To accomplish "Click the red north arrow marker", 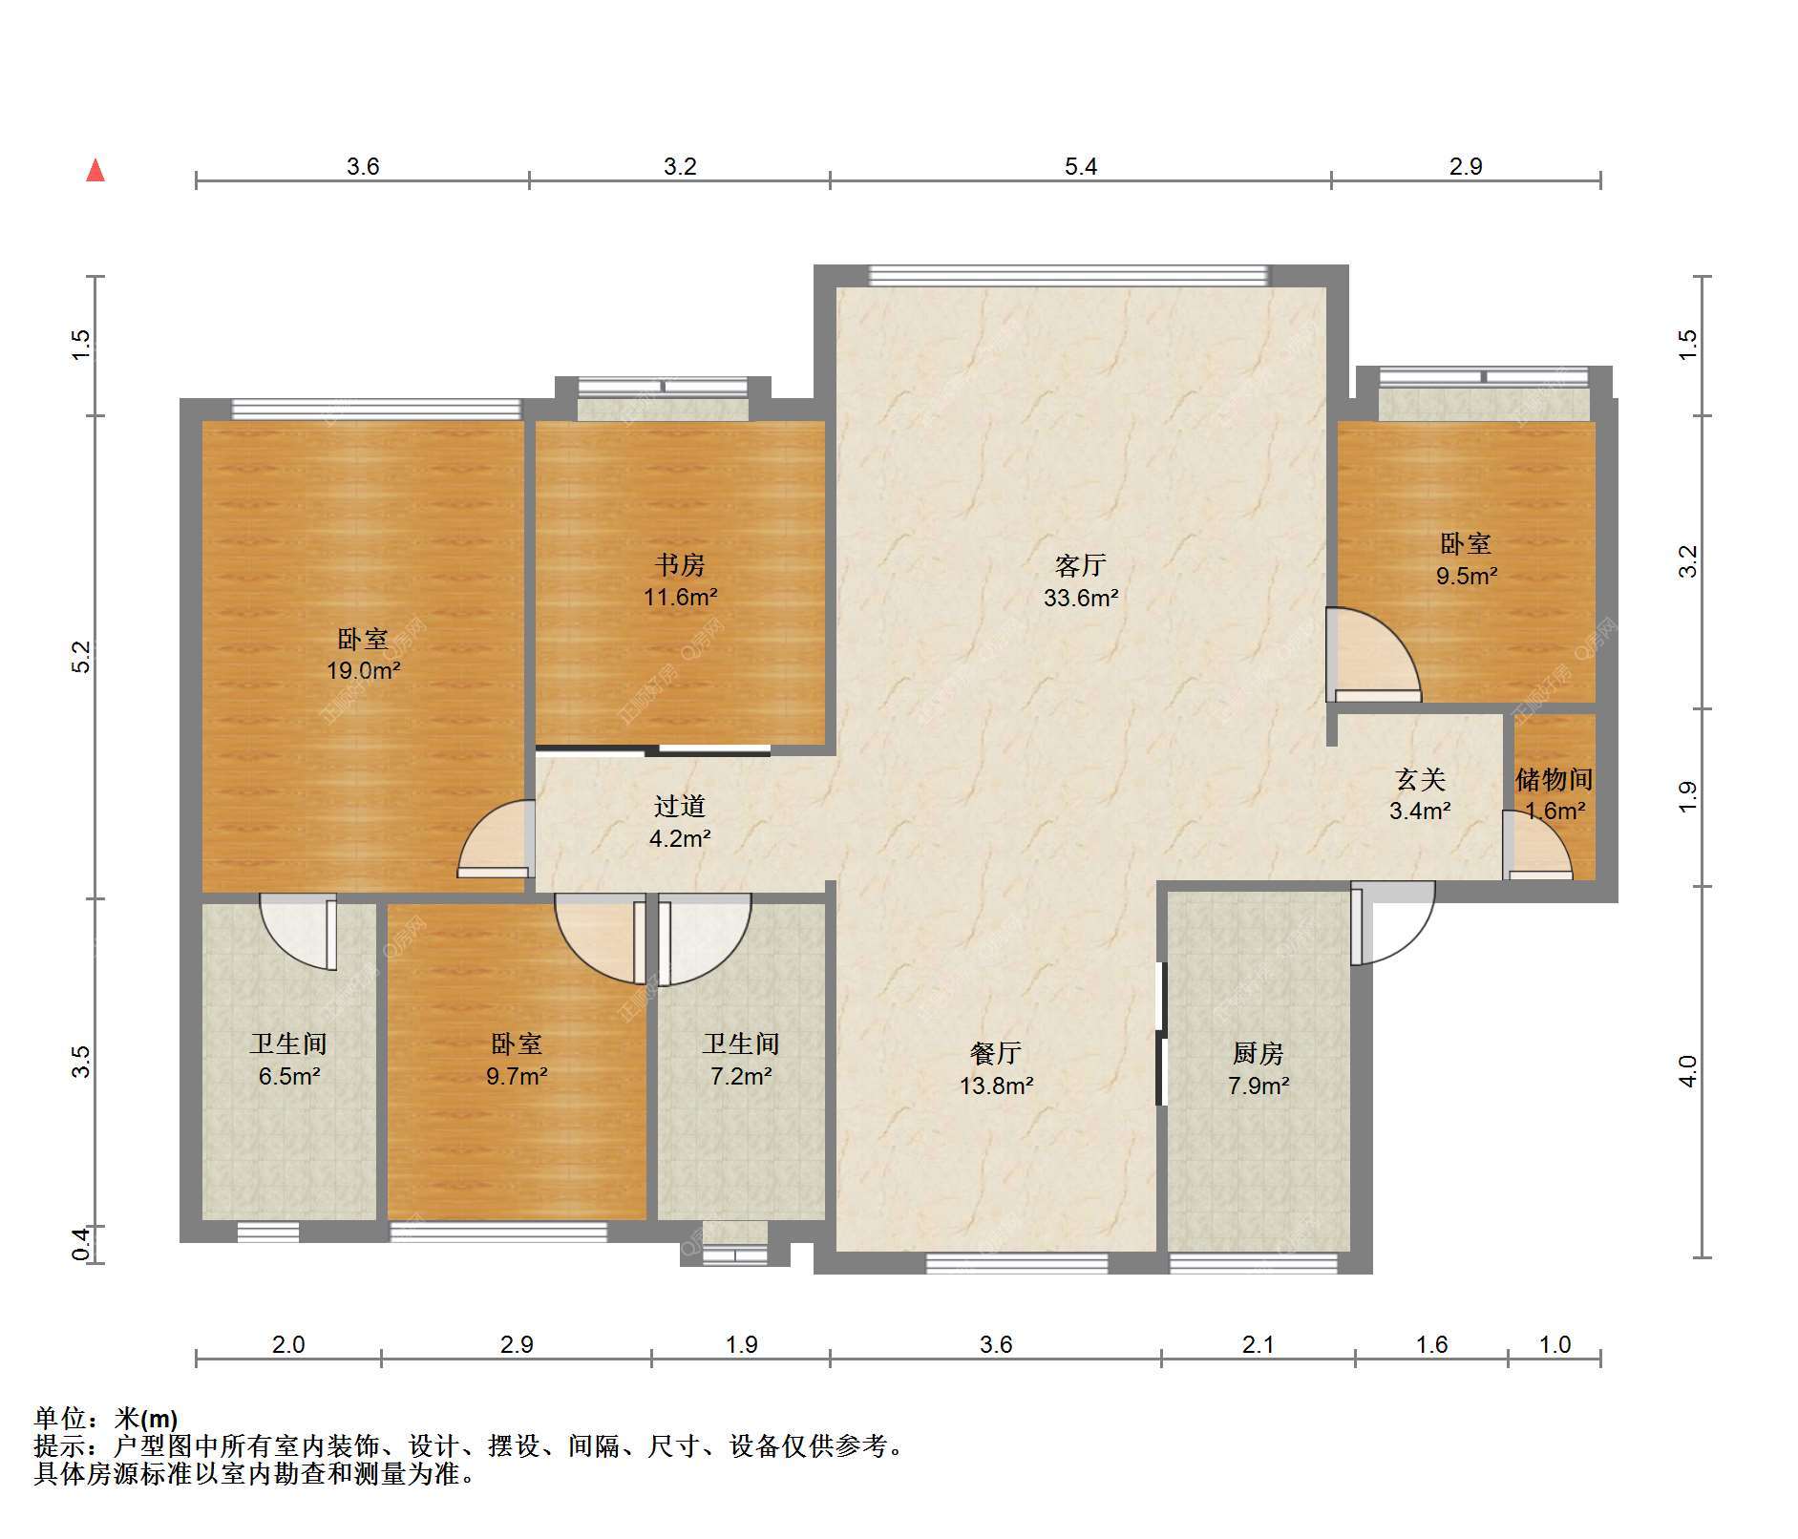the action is (x=95, y=170).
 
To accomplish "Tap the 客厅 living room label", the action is (x=1080, y=566).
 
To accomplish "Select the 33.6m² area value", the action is (x=1080, y=599).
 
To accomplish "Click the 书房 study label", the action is (x=680, y=565).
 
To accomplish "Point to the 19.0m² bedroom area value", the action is (x=363, y=671).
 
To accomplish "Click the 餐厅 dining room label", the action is (x=996, y=1053).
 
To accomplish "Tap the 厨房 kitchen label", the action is (x=1258, y=1053).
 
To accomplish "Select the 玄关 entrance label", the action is (x=1421, y=780).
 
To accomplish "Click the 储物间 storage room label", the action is (x=1555, y=780).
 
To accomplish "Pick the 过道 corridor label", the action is (x=680, y=807).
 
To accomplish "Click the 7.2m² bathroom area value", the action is (x=741, y=1077).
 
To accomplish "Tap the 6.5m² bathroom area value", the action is (x=288, y=1077).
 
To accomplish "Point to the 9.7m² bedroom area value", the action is (x=517, y=1077).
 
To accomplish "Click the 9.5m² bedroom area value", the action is (x=1467, y=577).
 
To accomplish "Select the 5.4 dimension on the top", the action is (x=1081, y=167).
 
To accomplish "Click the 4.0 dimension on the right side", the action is (x=1688, y=1071).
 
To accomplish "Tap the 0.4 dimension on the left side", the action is (x=82, y=1243).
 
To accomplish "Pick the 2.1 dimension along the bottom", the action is (x=1258, y=1345).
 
